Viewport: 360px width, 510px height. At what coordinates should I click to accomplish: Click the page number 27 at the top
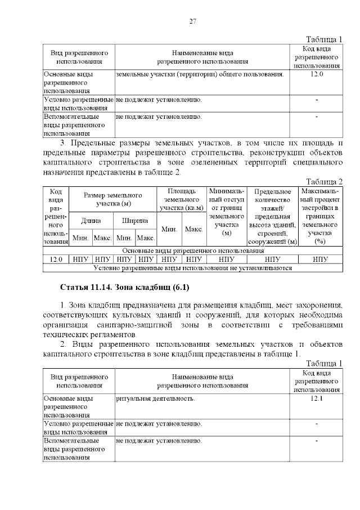coord(192,21)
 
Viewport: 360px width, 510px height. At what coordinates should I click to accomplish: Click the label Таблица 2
coord(324,181)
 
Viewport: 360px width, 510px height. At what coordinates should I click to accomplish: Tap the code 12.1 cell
coord(317,399)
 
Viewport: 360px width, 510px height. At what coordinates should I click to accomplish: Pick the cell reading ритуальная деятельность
coord(155,399)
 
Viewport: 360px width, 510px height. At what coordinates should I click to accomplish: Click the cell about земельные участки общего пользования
coord(200,74)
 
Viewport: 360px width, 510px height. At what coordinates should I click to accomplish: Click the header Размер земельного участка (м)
coord(113,199)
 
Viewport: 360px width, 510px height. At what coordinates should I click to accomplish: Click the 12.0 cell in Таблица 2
coord(56,260)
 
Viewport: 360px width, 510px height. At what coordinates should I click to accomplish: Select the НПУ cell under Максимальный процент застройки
coord(321,260)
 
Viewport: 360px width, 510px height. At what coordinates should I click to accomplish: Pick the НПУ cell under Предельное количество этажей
coord(272,260)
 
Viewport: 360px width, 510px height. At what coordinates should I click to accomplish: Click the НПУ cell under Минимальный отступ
coord(227,260)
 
